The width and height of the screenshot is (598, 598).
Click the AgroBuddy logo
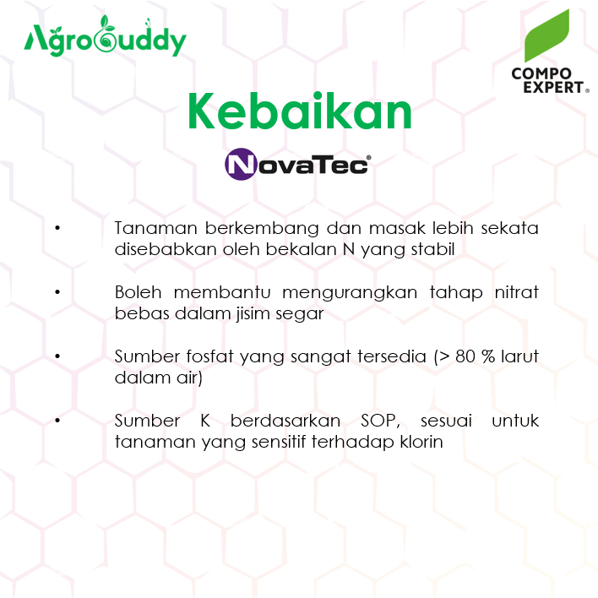click(x=105, y=36)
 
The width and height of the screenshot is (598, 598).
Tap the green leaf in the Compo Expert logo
click(x=546, y=35)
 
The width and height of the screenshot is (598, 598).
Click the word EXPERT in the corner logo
click(x=553, y=87)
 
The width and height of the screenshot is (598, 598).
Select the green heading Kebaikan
click(x=300, y=111)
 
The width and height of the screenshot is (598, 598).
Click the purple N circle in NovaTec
click(x=241, y=164)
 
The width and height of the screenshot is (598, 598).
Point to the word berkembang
click(x=262, y=229)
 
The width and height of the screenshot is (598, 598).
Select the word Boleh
click(x=138, y=292)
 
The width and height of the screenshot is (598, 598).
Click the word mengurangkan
click(x=350, y=293)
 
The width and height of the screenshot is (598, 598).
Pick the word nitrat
click(x=516, y=292)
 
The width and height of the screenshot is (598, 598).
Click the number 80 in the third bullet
click(x=465, y=357)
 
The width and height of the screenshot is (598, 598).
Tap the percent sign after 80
click(x=488, y=357)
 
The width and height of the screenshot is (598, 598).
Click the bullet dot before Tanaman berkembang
click(x=57, y=228)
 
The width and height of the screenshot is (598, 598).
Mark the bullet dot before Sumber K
click(x=57, y=421)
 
